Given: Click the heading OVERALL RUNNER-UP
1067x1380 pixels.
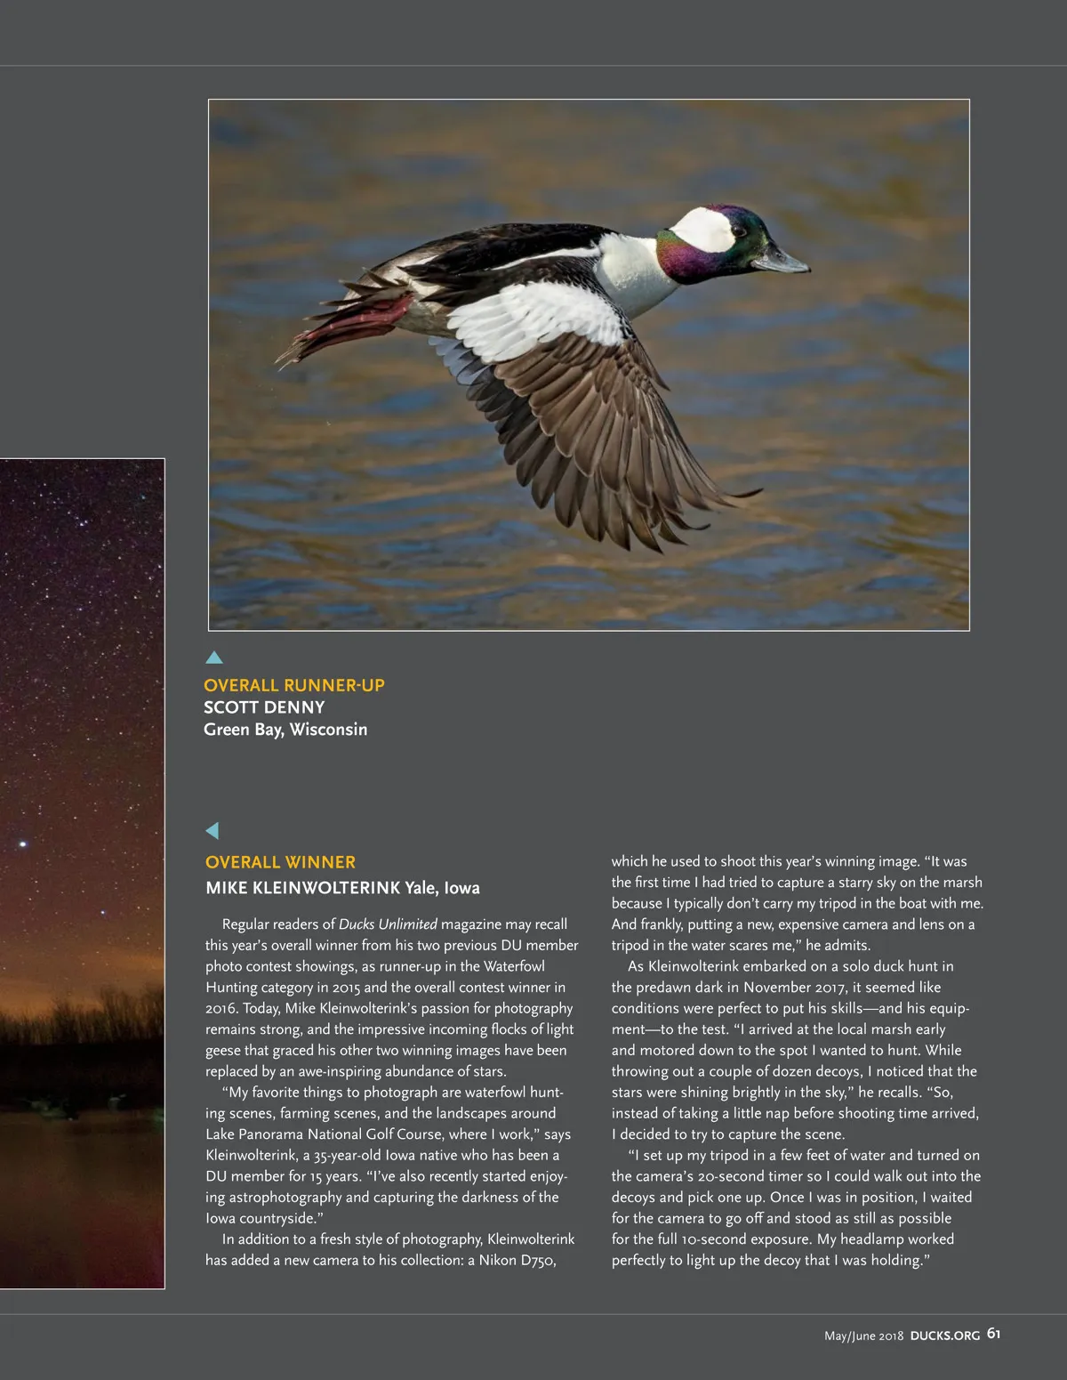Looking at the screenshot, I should tap(294, 685).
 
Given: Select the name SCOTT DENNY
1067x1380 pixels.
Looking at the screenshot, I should tap(264, 707).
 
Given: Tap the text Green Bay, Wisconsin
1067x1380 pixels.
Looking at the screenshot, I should tap(285, 730).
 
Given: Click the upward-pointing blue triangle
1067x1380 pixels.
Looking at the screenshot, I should tap(214, 658).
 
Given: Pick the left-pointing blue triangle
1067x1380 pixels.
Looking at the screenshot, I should tap(213, 830).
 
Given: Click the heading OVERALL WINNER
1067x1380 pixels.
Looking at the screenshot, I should tap(280, 862).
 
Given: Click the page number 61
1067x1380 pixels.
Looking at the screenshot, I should tap(993, 1334).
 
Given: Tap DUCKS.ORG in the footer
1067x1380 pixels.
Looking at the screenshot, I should tap(945, 1336).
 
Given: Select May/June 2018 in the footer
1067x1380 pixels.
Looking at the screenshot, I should tap(863, 1336).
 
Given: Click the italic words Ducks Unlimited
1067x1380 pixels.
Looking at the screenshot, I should tap(388, 924).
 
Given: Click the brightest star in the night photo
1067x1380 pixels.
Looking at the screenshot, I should tap(23, 843).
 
